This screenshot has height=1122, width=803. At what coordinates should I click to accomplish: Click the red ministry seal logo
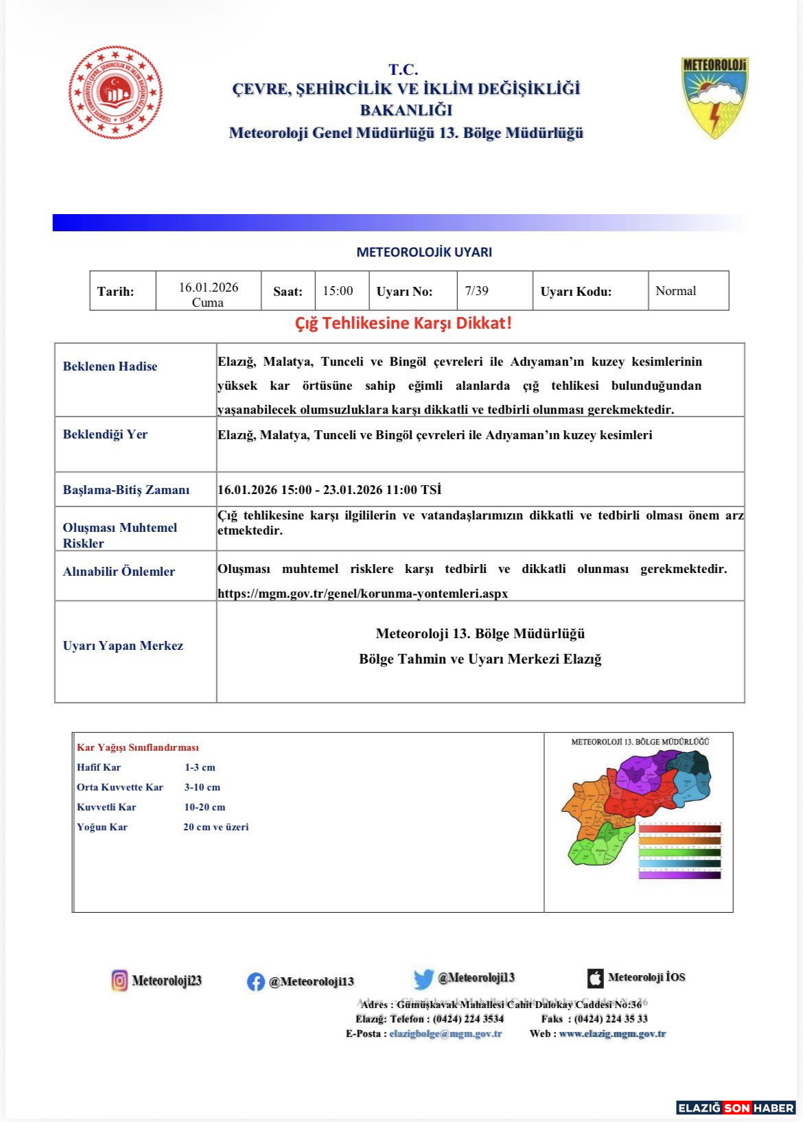pyautogui.click(x=115, y=93)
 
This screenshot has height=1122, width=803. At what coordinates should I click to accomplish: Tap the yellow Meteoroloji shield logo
pyautogui.click(x=714, y=97)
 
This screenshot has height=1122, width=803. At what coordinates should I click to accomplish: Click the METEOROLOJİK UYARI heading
pyautogui.click(x=424, y=252)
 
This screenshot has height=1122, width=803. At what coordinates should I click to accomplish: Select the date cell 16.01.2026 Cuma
pyautogui.click(x=209, y=294)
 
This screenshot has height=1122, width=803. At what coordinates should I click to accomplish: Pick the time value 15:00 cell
pyautogui.click(x=338, y=291)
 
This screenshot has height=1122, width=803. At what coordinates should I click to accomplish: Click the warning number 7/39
pyautogui.click(x=477, y=291)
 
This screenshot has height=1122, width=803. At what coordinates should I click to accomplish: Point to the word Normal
pyautogui.click(x=675, y=291)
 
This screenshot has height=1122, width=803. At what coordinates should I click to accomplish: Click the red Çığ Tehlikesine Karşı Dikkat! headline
pyautogui.click(x=404, y=323)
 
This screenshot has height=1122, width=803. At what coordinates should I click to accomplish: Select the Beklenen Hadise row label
pyautogui.click(x=110, y=366)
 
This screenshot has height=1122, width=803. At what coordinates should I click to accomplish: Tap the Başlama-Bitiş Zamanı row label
pyautogui.click(x=126, y=490)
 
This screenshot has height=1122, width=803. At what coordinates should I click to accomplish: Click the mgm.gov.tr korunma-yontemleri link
pyautogui.click(x=362, y=594)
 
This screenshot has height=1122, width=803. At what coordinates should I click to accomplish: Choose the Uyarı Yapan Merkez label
pyautogui.click(x=123, y=646)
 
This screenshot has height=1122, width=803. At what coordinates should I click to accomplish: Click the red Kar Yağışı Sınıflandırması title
pyautogui.click(x=138, y=747)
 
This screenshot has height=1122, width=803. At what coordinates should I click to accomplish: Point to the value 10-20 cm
pyautogui.click(x=205, y=807)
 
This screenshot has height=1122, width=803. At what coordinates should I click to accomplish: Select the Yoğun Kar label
pyautogui.click(x=102, y=827)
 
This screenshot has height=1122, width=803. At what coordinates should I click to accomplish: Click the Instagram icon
pyautogui.click(x=119, y=981)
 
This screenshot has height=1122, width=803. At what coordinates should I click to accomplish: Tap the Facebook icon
pyautogui.click(x=255, y=982)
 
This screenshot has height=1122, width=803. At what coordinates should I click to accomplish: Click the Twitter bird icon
pyautogui.click(x=423, y=979)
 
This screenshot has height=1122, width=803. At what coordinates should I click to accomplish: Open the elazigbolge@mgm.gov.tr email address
pyautogui.click(x=445, y=1033)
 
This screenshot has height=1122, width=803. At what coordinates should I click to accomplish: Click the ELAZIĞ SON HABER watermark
pyautogui.click(x=736, y=1108)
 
